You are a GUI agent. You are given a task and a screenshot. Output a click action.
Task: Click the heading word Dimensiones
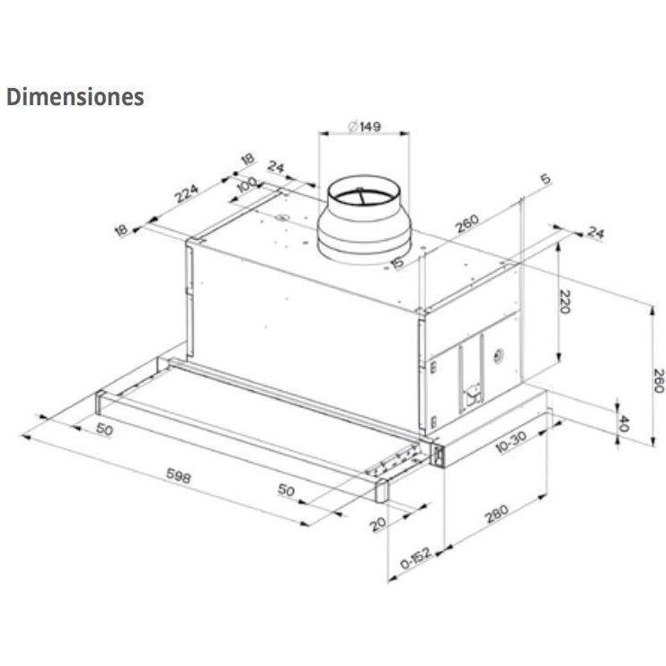[75, 97]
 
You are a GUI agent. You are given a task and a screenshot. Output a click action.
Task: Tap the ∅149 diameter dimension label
[364, 126]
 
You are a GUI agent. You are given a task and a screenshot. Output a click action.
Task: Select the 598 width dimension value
[178, 475]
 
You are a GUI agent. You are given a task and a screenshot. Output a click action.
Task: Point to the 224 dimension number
[186, 193]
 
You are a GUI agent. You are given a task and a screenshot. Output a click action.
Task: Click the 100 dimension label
[246, 185]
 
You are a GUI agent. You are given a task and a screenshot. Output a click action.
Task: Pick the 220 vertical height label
[564, 301]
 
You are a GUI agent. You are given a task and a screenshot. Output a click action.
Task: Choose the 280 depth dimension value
[496, 513]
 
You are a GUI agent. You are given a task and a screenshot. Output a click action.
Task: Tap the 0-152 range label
[416, 558]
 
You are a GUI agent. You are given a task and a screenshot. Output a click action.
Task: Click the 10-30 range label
[511, 441]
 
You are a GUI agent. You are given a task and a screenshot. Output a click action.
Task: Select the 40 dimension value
[623, 423]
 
